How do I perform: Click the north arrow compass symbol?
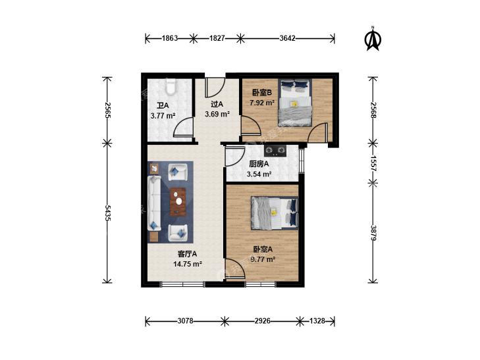tap(373, 39)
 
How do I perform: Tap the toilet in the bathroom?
tap(171, 87)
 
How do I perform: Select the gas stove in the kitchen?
tap(275, 151)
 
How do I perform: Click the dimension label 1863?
tap(170, 39)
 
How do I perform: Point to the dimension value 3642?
tap(288, 39)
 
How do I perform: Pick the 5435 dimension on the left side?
tap(107, 213)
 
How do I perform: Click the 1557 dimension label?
tap(373, 163)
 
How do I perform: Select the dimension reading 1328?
tap(317, 321)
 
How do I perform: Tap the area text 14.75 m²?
tap(188, 264)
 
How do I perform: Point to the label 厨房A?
tap(259, 165)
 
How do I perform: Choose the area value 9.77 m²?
tap(263, 260)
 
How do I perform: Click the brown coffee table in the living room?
tap(178, 201)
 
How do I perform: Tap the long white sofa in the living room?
tap(154, 203)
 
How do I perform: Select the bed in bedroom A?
tap(275, 213)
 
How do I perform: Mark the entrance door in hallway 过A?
tap(215, 87)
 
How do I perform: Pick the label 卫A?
tap(163, 106)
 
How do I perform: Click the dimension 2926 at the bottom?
tap(263, 321)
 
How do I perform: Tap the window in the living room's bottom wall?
tap(182, 284)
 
